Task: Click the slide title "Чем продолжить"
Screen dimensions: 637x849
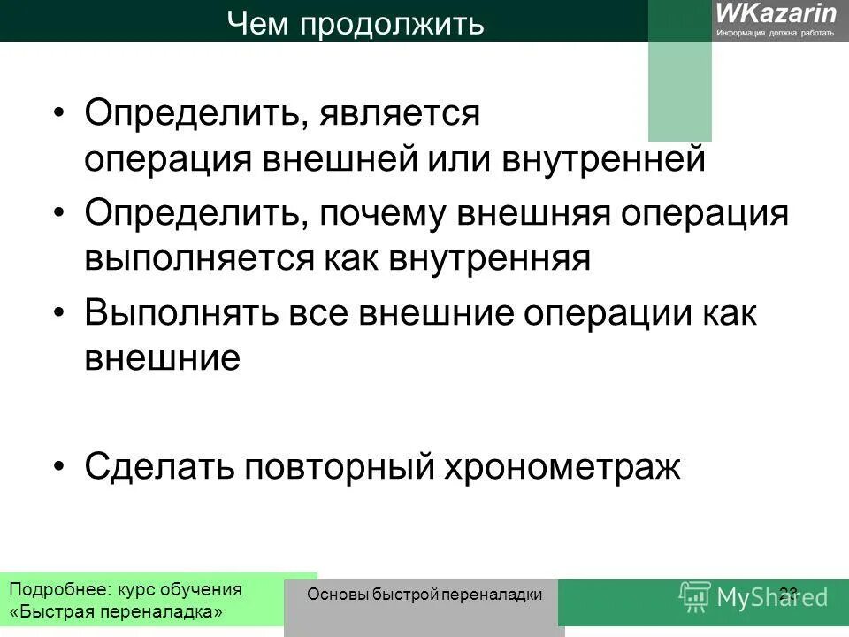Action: [x=356, y=23]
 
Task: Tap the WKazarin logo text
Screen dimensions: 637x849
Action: [x=776, y=13]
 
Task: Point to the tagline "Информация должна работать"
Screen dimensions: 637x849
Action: [x=776, y=33]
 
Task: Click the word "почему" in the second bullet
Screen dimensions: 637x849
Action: [x=387, y=214]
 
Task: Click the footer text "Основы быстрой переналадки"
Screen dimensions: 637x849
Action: [x=424, y=595]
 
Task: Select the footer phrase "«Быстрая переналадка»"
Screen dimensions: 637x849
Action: [x=116, y=612]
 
